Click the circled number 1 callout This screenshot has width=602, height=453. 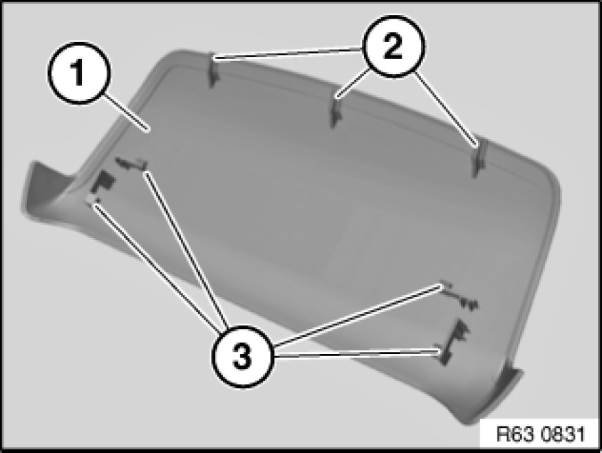tap(78, 73)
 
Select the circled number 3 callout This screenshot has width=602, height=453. tap(242, 356)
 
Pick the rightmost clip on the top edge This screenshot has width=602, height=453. tap(479, 158)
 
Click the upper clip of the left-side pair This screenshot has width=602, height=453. tap(132, 163)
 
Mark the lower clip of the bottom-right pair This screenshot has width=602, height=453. tap(453, 342)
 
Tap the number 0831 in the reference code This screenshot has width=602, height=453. tap(563, 434)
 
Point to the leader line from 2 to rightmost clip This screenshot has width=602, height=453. tap(447, 109)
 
